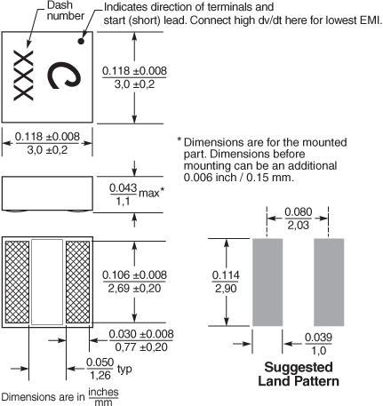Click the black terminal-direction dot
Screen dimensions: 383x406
click(81, 41)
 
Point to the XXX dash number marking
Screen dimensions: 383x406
click(23, 76)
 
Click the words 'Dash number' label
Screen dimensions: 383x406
click(64, 11)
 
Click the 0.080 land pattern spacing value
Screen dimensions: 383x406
click(299, 219)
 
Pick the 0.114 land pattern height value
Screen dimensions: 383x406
click(226, 282)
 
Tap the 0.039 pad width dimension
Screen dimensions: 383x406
click(318, 344)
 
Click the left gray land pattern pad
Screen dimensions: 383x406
click(267, 282)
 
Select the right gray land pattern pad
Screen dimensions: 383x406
click(329, 282)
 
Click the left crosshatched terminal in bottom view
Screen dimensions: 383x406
click(18, 282)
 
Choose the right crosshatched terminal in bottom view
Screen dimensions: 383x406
click(77, 282)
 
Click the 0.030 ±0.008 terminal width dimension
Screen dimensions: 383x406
click(141, 340)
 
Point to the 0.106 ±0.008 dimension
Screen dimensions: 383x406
click(134, 282)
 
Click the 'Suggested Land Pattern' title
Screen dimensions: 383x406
click(299, 374)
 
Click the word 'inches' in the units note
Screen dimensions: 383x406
click(103, 392)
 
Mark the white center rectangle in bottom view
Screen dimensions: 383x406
click(47, 282)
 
